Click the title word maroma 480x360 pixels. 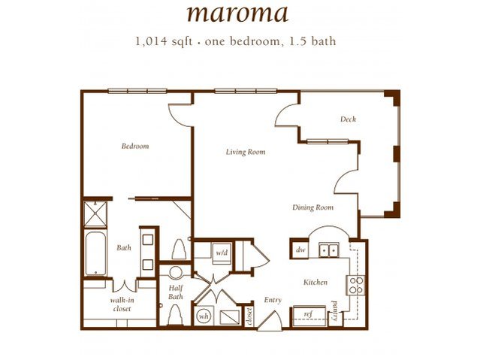click(x=239, y=13)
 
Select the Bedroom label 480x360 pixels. click(x=135, y=146)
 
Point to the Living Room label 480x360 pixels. click(x=246, y=152)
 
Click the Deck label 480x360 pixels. click(x=347, y=119)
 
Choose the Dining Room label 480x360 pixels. click(x=313, y=207)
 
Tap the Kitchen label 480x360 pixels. click(x=315, y=283)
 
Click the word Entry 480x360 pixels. click(x=273, y=300)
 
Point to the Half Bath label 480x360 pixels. click(x=176, y=292)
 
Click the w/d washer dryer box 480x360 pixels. click(x=222, y=253)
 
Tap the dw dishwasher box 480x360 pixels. click(x=300, y=249)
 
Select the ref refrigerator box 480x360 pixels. click(x=308, y=315)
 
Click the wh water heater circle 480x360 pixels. click(x=204, y=316)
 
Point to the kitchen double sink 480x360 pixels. click(x=328, y=250)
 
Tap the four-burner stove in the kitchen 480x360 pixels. click(x=355, y=285)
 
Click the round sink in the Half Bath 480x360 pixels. click(x=176, y=272)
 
